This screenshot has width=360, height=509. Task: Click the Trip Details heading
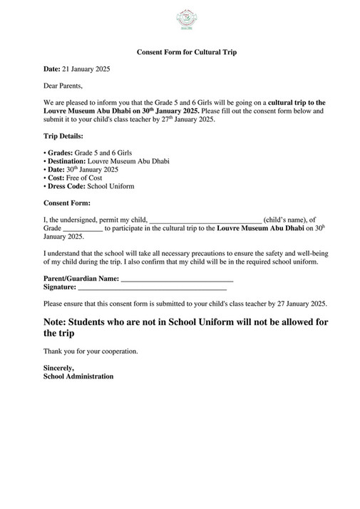pos(63,135)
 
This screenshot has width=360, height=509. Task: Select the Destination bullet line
pos(106,161)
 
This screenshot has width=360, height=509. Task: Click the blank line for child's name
pos(205,221)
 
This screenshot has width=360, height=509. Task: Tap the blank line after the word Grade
pos(83,230)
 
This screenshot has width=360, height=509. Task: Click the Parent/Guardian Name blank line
pos(177,279)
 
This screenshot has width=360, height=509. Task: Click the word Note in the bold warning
pos(58,322)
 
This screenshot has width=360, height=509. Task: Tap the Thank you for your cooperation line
pos(91,351)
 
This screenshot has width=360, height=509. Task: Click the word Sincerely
pos(59,368)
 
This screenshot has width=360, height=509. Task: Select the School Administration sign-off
pos(78,376)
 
